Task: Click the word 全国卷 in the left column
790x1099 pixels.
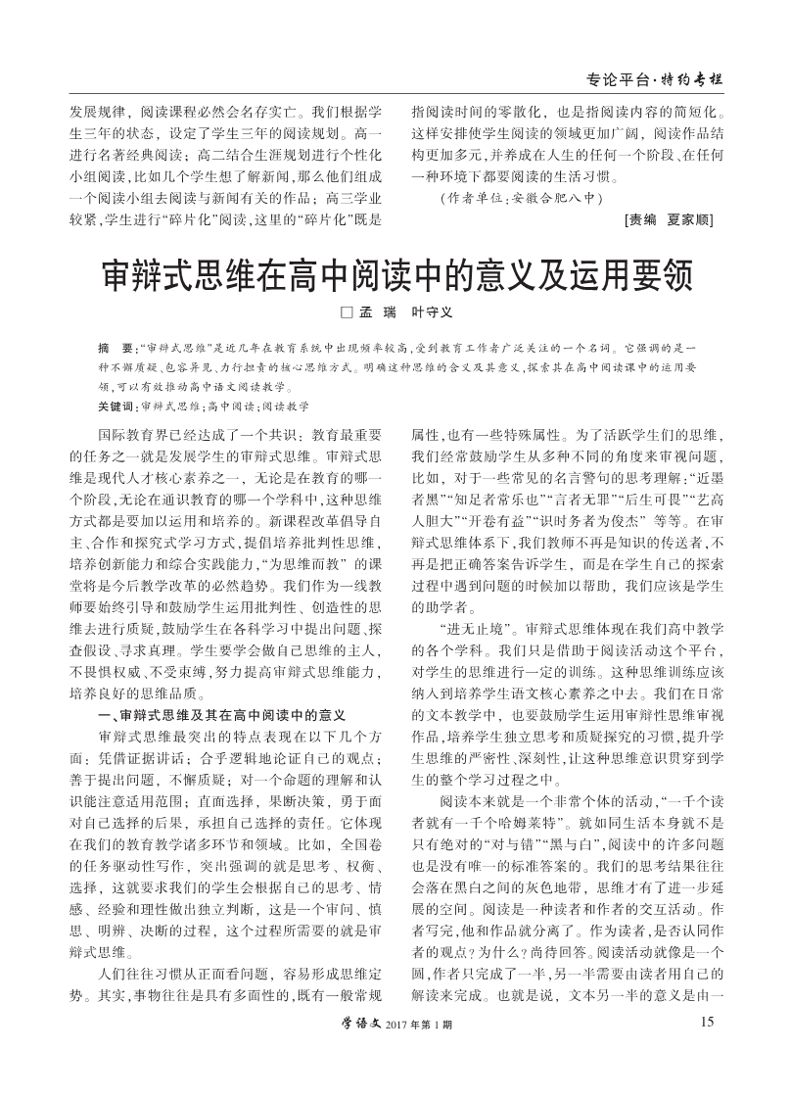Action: [352, 844]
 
